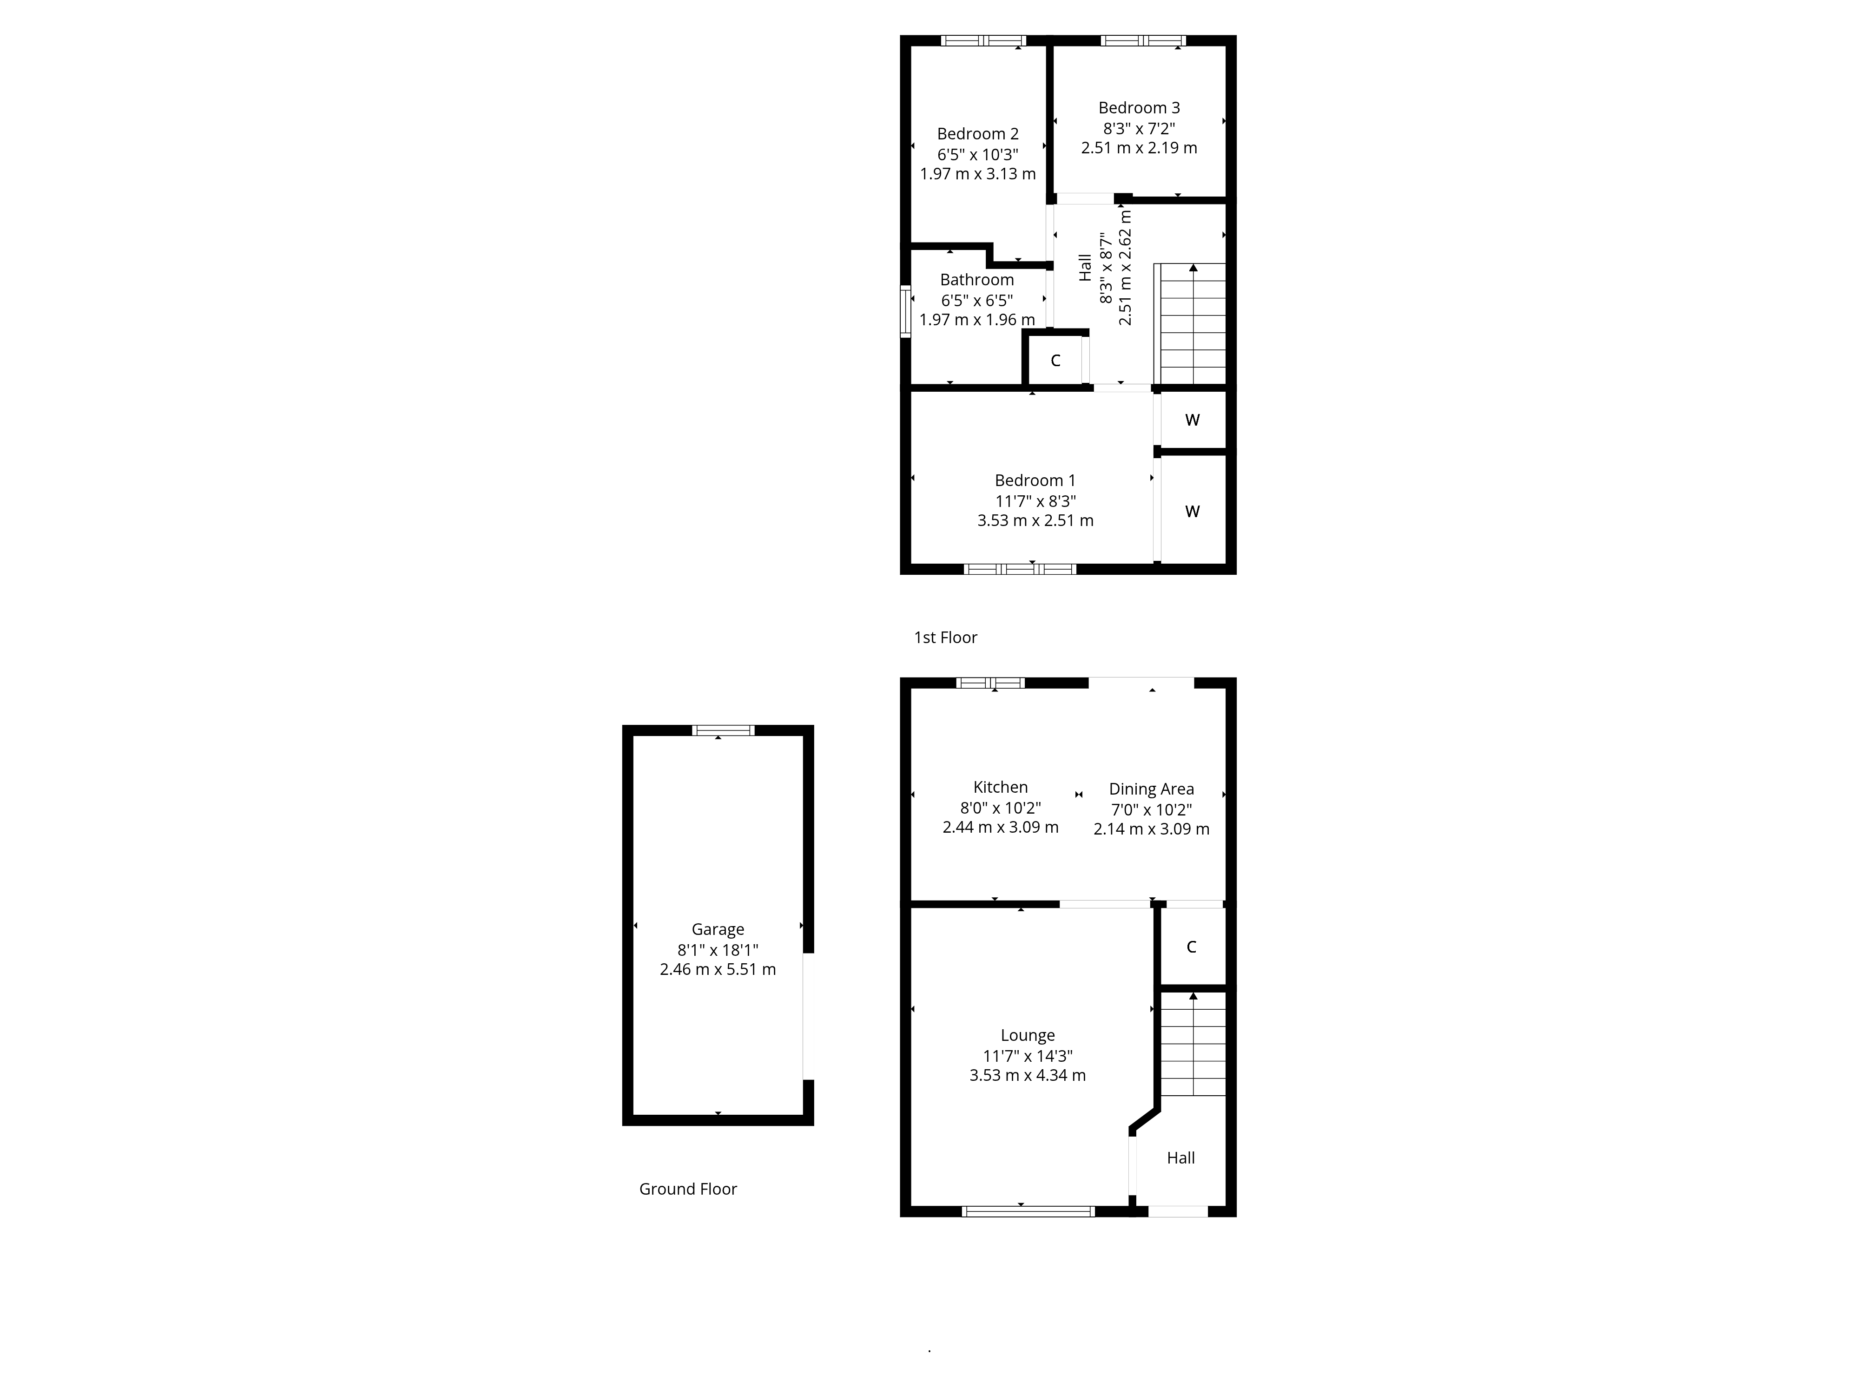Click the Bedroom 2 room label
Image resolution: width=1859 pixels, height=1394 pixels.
click(977, 134)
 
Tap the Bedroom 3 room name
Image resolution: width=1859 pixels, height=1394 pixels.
click(1139, 107)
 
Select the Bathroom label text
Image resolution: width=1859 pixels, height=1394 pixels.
click(976, 280)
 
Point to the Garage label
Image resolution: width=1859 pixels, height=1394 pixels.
click(718, 929)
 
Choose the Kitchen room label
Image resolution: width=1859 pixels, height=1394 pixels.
click(1000, 787)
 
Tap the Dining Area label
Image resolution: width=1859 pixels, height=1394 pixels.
click(1151, 789)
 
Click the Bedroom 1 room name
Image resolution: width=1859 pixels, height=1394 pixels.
click(1035, 480)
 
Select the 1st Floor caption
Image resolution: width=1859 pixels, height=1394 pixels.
click(945, 638)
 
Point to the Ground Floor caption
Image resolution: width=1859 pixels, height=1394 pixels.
click(687, 1189)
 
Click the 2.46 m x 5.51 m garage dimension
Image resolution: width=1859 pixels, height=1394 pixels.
click(718, 970)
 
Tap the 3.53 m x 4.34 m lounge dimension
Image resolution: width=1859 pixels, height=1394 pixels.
click(1027, 1076)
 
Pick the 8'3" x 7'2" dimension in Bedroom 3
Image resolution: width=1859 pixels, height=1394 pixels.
click(1139, 129)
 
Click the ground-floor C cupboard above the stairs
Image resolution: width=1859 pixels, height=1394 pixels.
click(1191, 947)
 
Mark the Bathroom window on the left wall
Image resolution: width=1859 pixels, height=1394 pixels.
click(905, 311)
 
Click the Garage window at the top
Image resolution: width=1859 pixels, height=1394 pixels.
click(723, 730)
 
